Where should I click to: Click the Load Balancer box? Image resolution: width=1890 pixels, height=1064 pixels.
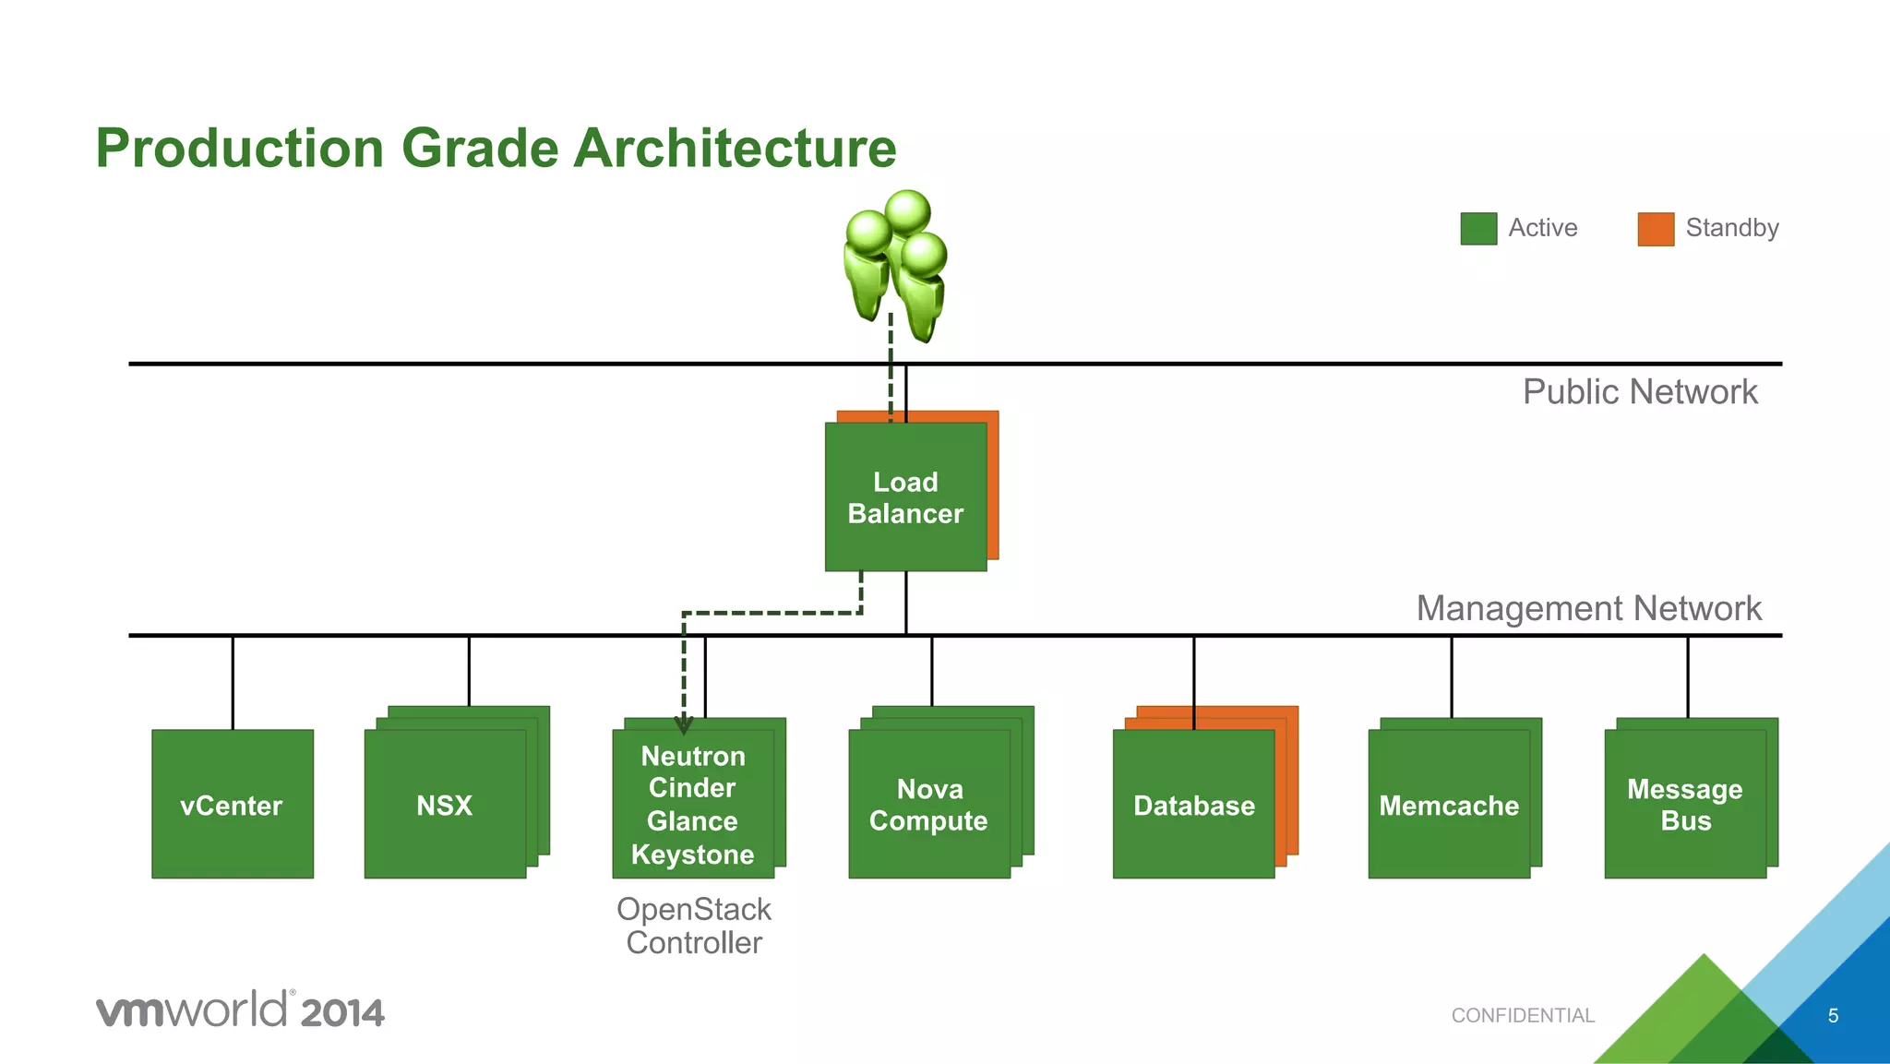(x=905, y=497)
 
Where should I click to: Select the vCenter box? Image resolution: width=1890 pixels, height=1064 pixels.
(x=232, y=805)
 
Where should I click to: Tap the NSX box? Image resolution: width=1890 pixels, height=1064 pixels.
(x=445, y=805)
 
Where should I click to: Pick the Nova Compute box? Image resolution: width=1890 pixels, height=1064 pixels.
(x=928, y=805)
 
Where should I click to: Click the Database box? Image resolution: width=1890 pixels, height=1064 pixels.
(x=1193, y=805)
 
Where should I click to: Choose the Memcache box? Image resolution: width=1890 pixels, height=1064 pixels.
(x=1448, y=805)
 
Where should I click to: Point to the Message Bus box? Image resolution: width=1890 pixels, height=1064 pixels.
(x=1684, y=805)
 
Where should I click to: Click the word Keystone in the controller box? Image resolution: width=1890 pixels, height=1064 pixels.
(x=692, y=855)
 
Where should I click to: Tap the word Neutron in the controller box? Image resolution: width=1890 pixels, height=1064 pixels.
(x=692, y=756)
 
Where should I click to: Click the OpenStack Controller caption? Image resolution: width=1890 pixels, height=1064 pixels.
(x=694, y=926)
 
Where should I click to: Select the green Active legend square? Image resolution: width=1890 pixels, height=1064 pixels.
(x=1478, y=229)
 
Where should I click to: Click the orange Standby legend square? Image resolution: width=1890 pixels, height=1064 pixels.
(x=1656, y=229)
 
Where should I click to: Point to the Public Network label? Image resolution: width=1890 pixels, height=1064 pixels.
(x=1639, y=392)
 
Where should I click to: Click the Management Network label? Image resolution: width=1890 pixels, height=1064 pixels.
(x=1588, y=609)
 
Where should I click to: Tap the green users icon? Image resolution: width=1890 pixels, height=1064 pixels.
(x=896, y=263)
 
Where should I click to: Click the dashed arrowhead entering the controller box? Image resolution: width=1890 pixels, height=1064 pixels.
(x=684, y=725)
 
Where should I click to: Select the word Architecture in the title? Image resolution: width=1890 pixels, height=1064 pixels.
(x=735, y=148)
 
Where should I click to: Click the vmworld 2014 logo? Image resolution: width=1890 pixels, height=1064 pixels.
(x=240, y=1010)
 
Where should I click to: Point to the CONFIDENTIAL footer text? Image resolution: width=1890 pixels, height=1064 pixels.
(x=1523, y=1015)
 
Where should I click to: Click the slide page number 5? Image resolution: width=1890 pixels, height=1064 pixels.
(x=1833, y=1016)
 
